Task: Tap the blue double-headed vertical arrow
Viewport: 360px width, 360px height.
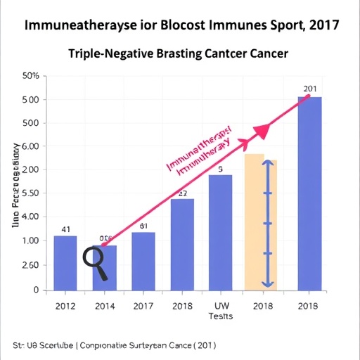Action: pyautogui.click(x=266, y=223)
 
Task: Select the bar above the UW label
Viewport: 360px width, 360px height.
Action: pyautogui.click(x=221, y=232)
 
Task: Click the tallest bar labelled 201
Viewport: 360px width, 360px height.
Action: pyautogui.click(x=310, y=193)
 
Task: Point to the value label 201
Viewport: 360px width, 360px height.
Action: pyautogui.click(x=311, y=89)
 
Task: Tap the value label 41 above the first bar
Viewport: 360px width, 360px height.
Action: pyautogui.click(x=66, y=229)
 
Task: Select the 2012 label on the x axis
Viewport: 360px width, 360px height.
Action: pyautogui.click(x=65, y=306)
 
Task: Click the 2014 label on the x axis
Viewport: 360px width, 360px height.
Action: pyautogui.click(x=105, y=306)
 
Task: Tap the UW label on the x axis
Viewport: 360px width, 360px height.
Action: pyautogui.click(x=221, y=306)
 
